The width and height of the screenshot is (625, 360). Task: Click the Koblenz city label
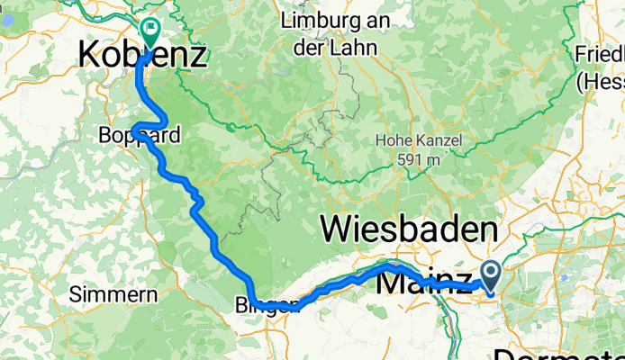tap(142, 56)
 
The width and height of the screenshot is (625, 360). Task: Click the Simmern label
tap(104, 294)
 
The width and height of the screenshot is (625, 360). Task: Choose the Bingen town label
tap(270, 305)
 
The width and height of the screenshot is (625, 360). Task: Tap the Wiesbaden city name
tap(409, 230)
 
